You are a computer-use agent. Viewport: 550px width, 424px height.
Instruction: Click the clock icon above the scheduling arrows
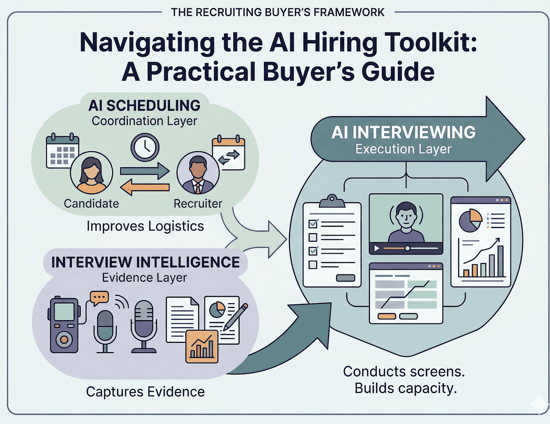click(145, 148)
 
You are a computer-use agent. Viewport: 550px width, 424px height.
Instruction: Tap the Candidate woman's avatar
click(91, 173)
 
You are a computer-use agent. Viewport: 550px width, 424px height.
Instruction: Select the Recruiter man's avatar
click(197, 173)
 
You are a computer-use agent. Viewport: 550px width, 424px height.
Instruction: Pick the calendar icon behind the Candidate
click(62, 151)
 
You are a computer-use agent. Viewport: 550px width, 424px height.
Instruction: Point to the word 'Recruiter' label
click(198, 204)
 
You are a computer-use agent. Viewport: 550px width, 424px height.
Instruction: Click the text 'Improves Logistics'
click(145, 226)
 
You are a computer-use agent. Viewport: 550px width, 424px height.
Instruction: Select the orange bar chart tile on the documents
click(202, 346)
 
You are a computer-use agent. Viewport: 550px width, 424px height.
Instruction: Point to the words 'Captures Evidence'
click(145, 392)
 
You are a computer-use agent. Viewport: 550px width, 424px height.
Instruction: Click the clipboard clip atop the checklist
click(332, 201)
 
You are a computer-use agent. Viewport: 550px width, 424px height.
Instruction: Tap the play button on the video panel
click(377, 248)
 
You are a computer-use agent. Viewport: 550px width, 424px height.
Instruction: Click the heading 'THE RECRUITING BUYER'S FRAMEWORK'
click(278, 12)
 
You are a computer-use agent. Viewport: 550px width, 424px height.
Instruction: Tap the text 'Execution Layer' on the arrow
click(403, 149)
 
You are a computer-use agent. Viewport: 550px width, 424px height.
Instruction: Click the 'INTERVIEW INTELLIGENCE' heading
click(145, 262)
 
